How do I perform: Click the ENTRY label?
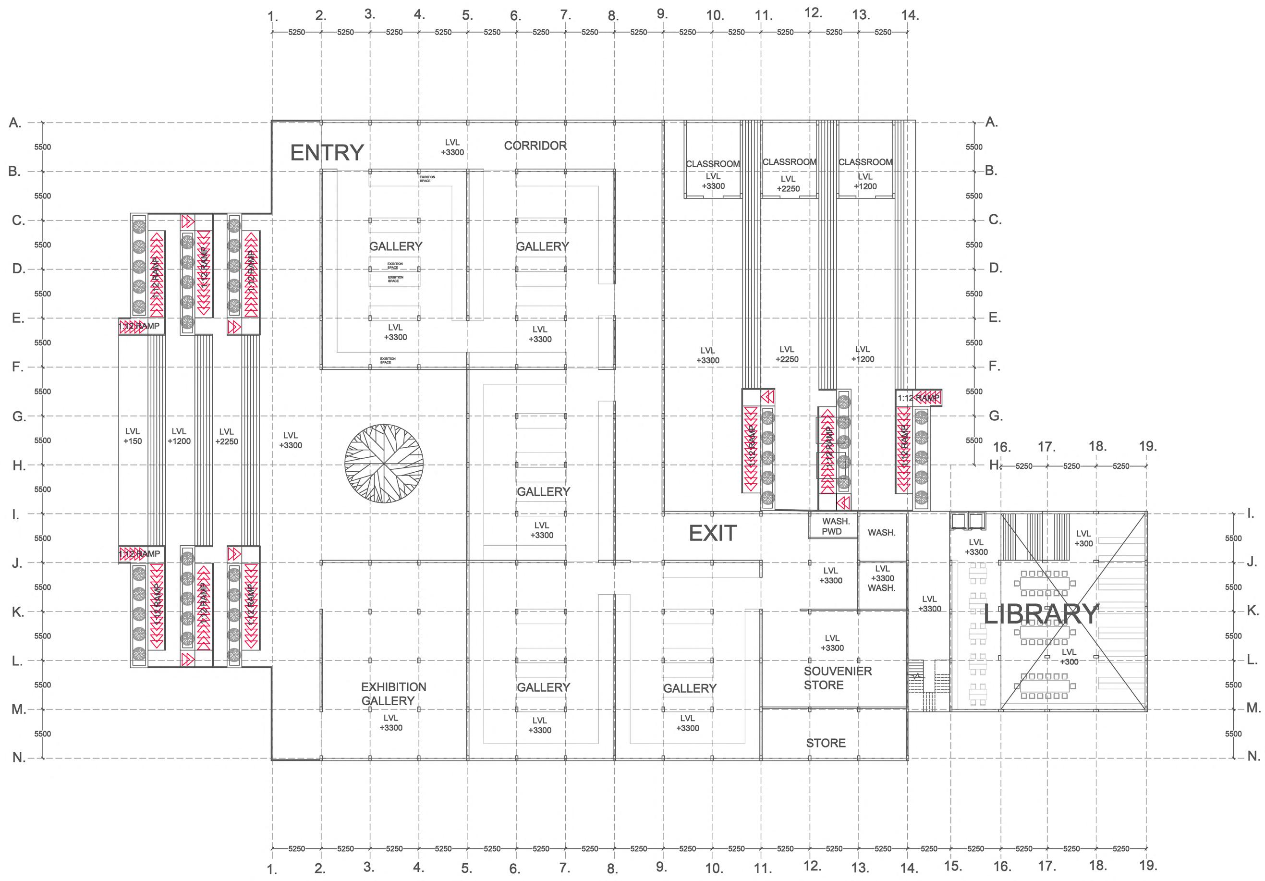point(327,153)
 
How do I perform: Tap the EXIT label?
point(712,533)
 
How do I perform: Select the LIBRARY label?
point(1041,614)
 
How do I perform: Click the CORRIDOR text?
point(535,146)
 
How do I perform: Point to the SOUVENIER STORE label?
point(838,678)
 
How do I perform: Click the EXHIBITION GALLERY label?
point(393,694)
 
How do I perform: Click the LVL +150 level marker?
point(132,436)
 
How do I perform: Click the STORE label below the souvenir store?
point(826,743)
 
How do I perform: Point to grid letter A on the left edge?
point(15,123)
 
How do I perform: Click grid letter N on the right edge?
point(1253,757)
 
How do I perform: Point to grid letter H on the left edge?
point(18,466)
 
